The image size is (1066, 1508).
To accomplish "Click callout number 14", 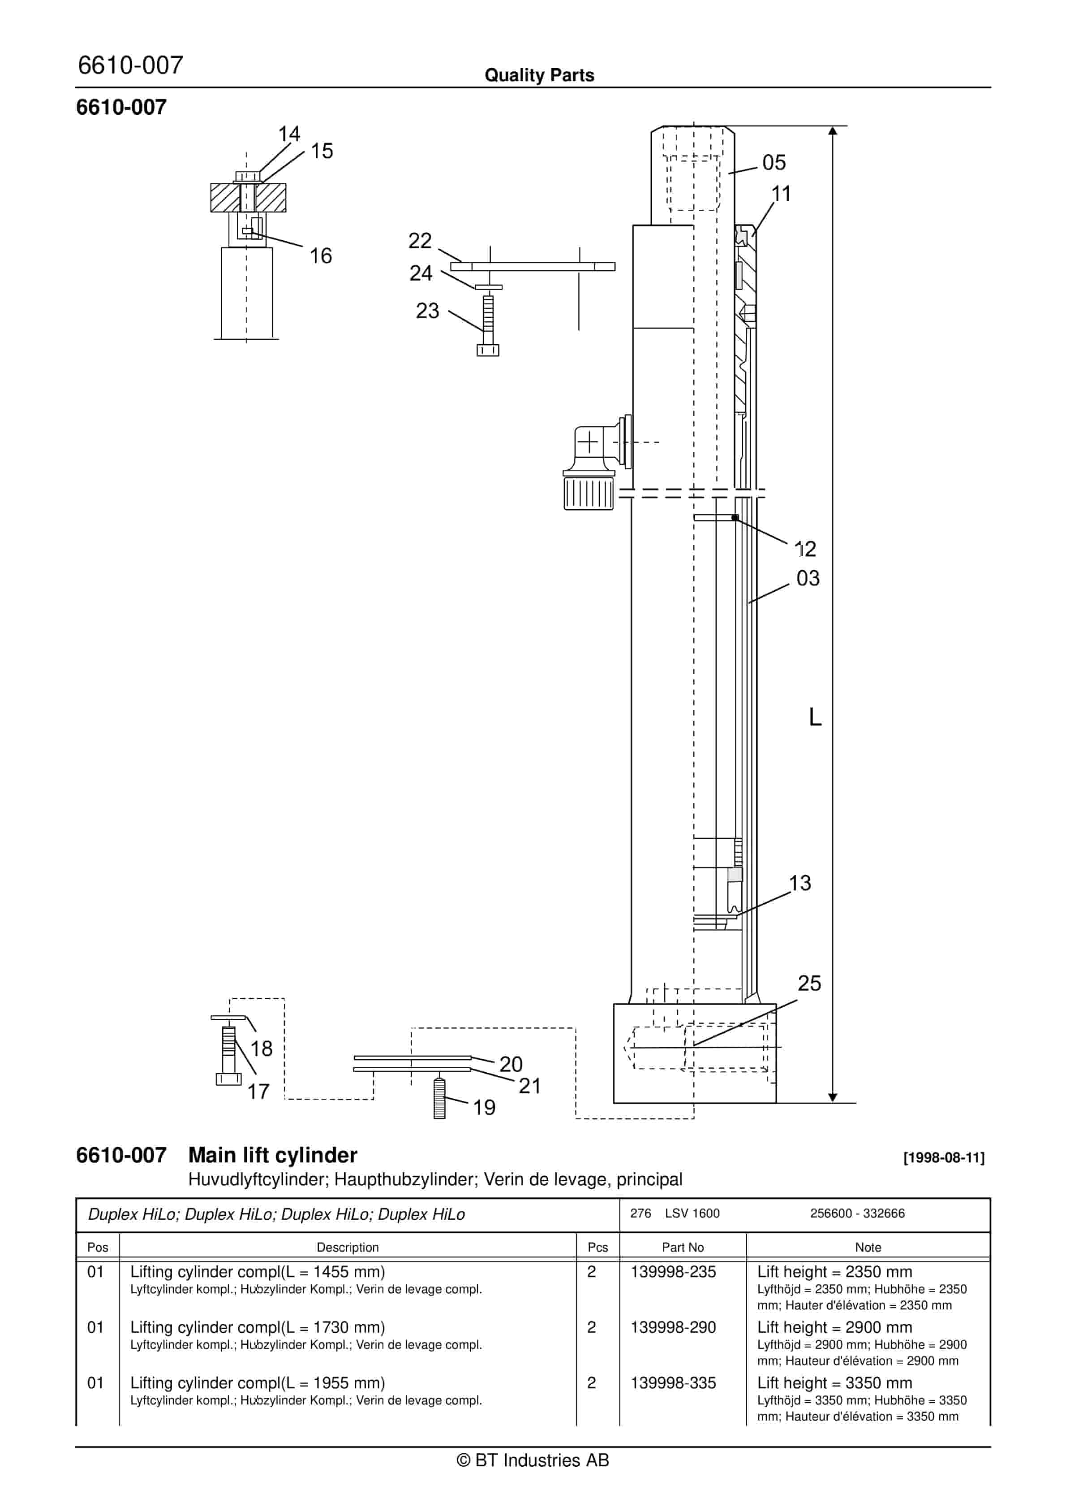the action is coord(289,134).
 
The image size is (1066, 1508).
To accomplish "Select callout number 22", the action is coord(420,240).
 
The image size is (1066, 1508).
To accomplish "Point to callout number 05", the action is coord(774,162).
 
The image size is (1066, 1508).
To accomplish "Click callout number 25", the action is coord(809,1001).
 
